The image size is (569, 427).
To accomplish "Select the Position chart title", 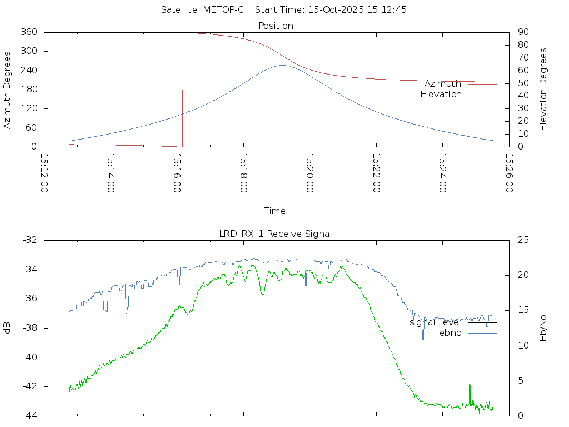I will pos(276,26).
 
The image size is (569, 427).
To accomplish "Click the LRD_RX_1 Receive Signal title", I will pos(276,234).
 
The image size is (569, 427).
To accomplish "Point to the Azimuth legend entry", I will pos(443,83).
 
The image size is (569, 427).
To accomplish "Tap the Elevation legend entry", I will pos(441,95).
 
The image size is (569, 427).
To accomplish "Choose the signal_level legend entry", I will pos(435,322).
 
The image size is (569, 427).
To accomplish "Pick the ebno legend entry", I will pos(450,333).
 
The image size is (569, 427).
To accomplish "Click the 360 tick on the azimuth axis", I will pos(29,32).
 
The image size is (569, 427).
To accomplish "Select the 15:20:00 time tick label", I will pos(310,173).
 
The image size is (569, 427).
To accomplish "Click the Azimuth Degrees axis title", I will pos(7,90).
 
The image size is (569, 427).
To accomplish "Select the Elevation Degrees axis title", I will pos(543,89).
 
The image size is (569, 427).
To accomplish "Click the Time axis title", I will pos(275,211).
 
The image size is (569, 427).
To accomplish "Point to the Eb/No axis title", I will pos(543,328).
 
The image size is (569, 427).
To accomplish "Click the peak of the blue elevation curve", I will pos(282,65).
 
